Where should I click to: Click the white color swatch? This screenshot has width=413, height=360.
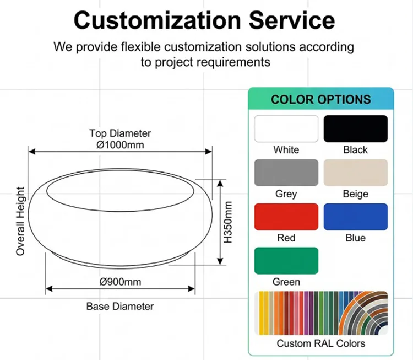[286, 128]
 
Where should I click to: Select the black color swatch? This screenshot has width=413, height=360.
[356, 128]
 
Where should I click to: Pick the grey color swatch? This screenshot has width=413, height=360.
[286, 173]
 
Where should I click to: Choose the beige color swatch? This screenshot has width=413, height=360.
[356, 173]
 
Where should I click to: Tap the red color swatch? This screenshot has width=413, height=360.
[286, 217]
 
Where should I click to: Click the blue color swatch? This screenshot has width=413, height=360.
[356, 217]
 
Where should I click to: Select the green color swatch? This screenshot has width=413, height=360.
[286, 261]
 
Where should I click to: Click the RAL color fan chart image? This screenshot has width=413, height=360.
[321, 313]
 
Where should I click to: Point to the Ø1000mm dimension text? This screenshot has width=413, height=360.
[120, 145]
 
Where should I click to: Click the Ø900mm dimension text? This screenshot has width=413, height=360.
[120, 282]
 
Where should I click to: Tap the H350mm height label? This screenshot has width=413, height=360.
[228, 222]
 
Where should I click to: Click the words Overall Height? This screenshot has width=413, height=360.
[20, 221]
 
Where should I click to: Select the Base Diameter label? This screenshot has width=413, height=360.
[120, 306]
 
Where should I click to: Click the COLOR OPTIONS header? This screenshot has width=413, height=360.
[321, 99]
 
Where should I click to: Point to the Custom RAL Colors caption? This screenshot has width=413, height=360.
[321, 343]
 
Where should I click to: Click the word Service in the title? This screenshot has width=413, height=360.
[291, 20]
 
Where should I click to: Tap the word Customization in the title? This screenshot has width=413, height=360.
[157, 20]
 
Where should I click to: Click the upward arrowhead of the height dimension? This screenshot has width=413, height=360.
[220, 183]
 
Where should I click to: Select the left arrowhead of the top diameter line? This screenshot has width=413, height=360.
[32, 152]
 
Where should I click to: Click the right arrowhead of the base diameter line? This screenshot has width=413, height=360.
[192, 289]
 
